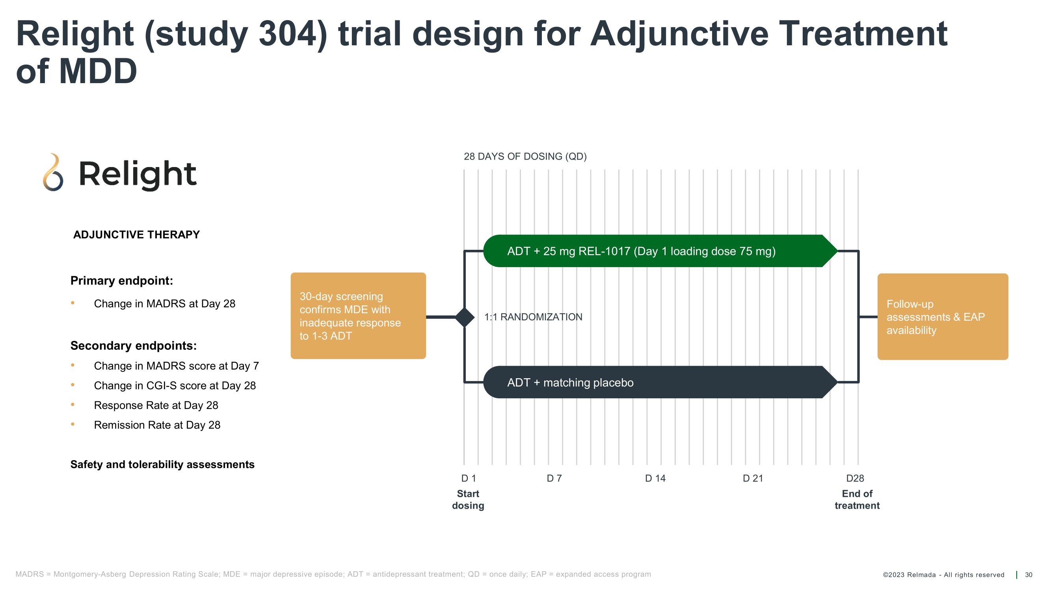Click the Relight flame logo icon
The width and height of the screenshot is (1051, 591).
point(53,173)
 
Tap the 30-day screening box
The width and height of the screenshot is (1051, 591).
point(358,316)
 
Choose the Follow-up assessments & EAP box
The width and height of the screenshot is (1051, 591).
point(943,317)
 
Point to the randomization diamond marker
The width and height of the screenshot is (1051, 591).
point(465,317)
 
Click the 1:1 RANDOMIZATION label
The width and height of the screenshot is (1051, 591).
point(533,317)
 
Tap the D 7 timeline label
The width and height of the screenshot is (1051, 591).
point(554,478)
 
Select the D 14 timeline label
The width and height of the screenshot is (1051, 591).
point(655,478)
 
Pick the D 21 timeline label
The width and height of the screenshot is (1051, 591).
point(753,478)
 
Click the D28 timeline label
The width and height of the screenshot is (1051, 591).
point(855,478)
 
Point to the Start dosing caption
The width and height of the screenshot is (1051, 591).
point(468,500)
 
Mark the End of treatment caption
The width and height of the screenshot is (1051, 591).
point(857,500)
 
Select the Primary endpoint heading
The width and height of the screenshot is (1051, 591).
point(122,281)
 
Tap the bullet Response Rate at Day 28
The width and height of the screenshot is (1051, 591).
point(156,405)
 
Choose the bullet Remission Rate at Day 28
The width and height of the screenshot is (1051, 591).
point(157,425)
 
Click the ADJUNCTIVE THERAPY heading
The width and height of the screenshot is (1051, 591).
point(136,235)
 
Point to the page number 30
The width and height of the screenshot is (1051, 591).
point(1029,575)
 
